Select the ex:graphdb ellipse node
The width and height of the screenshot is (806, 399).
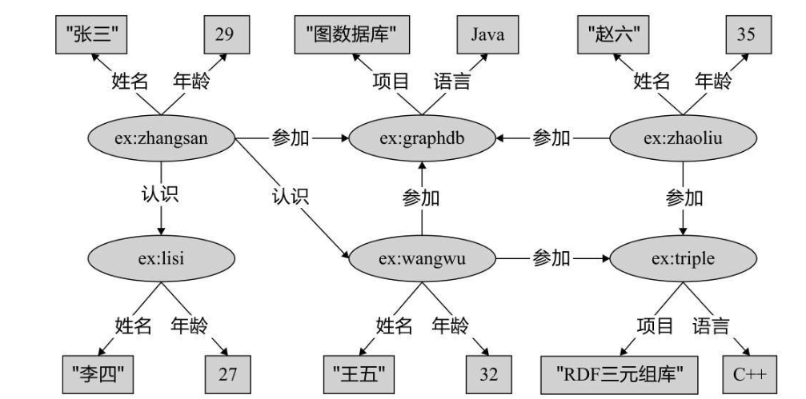422,138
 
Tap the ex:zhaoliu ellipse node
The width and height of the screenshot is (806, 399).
683,138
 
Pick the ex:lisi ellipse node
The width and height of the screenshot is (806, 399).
162,258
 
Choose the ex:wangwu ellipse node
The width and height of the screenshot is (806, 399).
422,258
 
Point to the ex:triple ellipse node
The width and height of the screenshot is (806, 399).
683,258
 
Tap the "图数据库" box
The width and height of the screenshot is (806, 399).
351,35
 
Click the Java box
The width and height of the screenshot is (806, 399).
487,35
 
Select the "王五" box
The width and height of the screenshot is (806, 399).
359,373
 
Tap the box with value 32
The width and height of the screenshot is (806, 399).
487,373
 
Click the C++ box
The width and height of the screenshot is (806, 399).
749,373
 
